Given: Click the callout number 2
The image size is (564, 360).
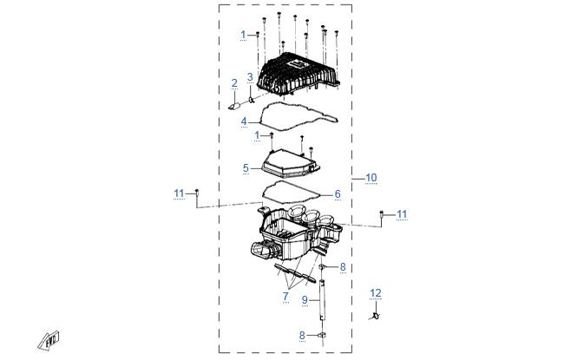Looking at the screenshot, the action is [234, 83].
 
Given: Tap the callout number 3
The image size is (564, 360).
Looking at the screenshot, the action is [250, 76].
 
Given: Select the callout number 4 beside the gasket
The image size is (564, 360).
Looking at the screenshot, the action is [244, 121].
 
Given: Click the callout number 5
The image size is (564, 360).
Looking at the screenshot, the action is [246, 168].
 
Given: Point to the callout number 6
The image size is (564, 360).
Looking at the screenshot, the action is [338, 193].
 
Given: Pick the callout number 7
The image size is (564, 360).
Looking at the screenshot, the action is [285, 297].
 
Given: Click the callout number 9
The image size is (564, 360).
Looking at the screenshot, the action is [305, 299].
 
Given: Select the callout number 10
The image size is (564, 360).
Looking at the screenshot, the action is [371, 178].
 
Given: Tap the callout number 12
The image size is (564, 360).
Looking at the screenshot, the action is [376, 293].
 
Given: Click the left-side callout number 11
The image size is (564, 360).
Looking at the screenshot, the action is [179, 193].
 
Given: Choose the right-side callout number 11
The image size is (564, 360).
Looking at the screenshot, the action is [402, 214].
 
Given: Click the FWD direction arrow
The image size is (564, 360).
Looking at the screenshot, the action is [49, 341].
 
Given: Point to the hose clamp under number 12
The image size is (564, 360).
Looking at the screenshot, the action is [376, 316].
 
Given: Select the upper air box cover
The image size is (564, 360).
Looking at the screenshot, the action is [298, 75].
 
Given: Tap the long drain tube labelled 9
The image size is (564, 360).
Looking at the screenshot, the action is [322, 299].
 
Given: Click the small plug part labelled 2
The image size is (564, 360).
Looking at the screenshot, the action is [235, 106].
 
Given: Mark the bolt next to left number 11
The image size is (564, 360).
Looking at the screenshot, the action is [197, 193].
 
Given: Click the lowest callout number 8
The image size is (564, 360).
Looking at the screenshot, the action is [302, 335].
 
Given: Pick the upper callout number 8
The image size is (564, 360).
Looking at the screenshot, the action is [343, 267].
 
